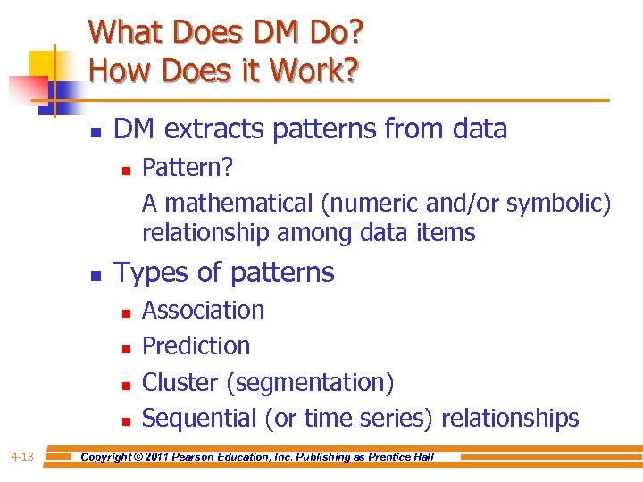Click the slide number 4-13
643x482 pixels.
pyautogui.click(x=22, y=457)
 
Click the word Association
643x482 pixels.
pyautogui.click(x=203, y=310)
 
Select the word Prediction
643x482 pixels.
pyautogui.click(x=196, y=345)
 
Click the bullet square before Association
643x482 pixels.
pyautogui.click(x=125, y=312)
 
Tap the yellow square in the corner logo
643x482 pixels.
pyautogui.click(x=44, y=63)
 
